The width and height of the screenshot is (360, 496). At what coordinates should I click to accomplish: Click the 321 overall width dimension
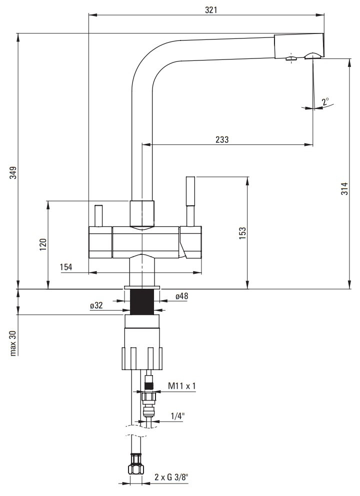[x=211, y=10]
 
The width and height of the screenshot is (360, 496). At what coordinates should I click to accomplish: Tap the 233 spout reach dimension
[x=222, y=139]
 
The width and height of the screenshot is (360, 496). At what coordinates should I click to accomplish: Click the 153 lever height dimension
[x=242, y=233]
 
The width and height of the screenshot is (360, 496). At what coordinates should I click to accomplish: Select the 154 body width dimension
[x=66, y=267]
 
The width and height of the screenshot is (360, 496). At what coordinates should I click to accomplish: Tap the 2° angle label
[x=325, y=102]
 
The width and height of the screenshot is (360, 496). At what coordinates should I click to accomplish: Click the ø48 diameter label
[x=181, y=296]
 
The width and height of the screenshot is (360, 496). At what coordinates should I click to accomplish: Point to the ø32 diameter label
[x=96, y=306]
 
